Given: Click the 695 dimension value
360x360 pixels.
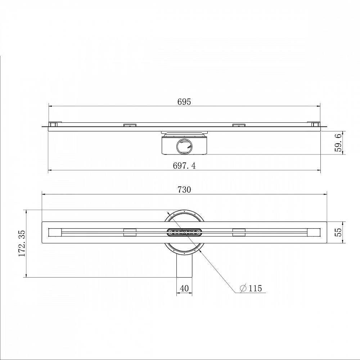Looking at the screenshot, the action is click(x=184, y=102).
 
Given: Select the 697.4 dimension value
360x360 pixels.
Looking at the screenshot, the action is click(x=184, y=166).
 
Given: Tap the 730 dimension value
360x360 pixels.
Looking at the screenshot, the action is click(x=184, y=190).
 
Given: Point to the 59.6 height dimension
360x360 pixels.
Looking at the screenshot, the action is click(x=338, y=143).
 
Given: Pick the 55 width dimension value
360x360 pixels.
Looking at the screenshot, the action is click(x=338, y=232).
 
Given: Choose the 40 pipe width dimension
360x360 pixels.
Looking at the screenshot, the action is click(x=184, y=288).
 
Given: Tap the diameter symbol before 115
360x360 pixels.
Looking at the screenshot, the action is click(x=243, y=288).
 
